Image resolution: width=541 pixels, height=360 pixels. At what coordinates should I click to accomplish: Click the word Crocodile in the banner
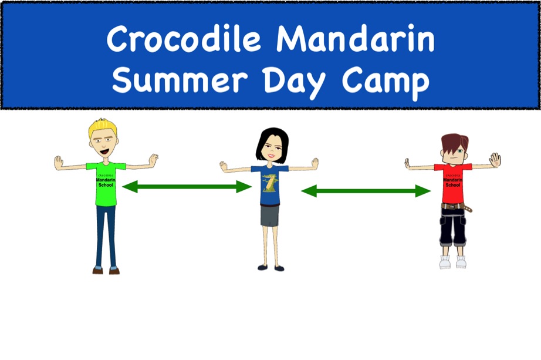tap(184, 38)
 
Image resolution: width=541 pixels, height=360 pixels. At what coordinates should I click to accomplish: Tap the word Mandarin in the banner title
tap(356, 38)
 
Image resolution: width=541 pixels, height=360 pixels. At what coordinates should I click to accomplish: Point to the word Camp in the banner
tap(386, 83)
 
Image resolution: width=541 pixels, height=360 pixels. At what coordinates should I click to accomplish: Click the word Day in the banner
tap(294, 83)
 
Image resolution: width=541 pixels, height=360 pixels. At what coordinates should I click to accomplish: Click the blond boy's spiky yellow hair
tap(103, 127)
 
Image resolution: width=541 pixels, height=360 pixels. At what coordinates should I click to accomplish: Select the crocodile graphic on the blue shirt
tap(269, 183)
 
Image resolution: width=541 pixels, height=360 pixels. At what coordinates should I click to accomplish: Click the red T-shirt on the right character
tap(453, 183)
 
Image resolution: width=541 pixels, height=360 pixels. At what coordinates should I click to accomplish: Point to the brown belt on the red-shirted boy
tap(456, 207)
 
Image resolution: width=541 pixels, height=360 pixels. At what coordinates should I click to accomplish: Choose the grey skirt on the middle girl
tap(270, 216)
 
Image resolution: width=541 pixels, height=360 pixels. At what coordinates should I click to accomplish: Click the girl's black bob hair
tap(272, 143)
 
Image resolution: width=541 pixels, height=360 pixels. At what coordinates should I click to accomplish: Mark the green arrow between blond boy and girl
tap(187, 187)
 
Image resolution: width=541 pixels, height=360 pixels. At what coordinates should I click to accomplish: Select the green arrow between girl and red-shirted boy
tap(366, 191)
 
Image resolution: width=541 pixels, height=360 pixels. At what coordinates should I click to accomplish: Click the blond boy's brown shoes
tap(106, 271)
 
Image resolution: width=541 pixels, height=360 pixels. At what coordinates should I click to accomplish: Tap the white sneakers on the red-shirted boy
tap(452, 262)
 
